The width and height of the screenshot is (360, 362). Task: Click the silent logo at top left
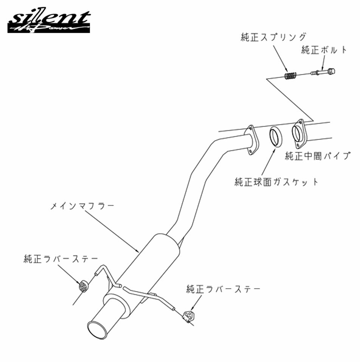tap(49, 22)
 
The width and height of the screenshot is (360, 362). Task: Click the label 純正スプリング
tap(273, 37)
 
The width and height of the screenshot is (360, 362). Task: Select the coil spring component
tap(290, 76)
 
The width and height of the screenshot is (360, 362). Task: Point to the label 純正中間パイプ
tap(318, 156)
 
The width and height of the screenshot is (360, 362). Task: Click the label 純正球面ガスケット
tap(276, 182)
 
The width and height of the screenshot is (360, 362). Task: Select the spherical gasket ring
tap(276, 136)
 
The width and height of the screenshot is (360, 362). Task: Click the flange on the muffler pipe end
tap(252, 140)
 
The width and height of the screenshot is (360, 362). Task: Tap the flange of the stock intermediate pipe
tap(299, 134)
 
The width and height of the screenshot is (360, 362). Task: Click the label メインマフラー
tap(82, 206)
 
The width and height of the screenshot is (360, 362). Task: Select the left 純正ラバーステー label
tap(61, 259)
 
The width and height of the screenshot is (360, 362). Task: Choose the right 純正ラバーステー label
tap(223, 289)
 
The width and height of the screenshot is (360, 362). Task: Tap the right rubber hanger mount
tap(188, 316)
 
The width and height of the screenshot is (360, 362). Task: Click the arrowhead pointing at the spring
tap(287, 70)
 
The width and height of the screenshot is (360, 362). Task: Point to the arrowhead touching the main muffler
tap(137, 250)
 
